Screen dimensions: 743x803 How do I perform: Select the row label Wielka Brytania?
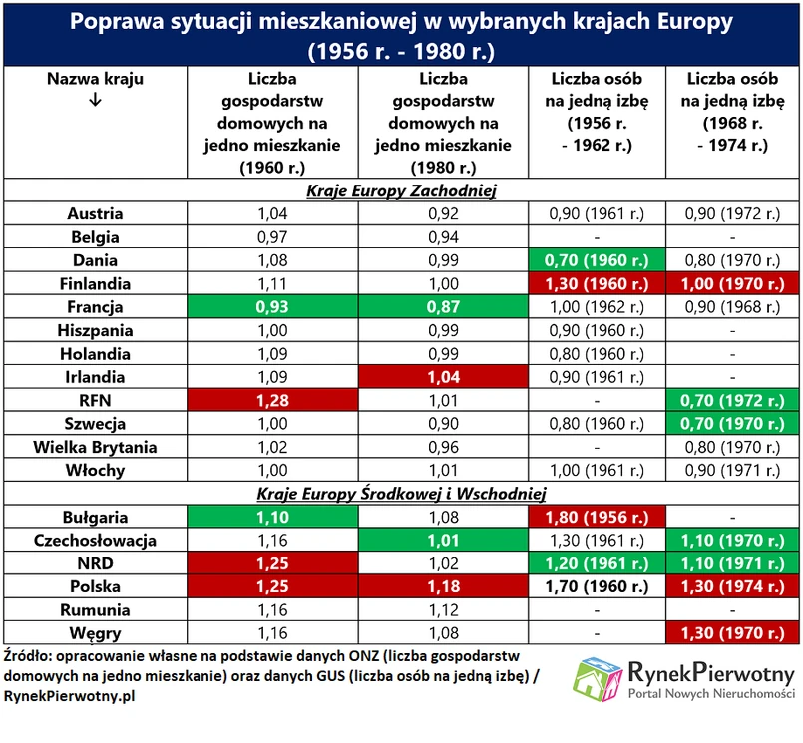point(95,447)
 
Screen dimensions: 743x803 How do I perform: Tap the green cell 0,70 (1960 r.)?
point(593,261)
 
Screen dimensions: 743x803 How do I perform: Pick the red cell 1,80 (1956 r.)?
point(593,517)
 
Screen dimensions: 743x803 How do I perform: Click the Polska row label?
point(95,586)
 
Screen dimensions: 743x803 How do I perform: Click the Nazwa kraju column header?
point(95,79)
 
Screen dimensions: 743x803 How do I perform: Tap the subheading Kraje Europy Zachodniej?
point(401,190)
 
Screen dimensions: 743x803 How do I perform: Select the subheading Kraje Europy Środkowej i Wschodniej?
point(401,494)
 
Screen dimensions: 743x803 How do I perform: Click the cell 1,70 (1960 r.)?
point(593,586)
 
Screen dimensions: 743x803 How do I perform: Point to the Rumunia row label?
point(95,609)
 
